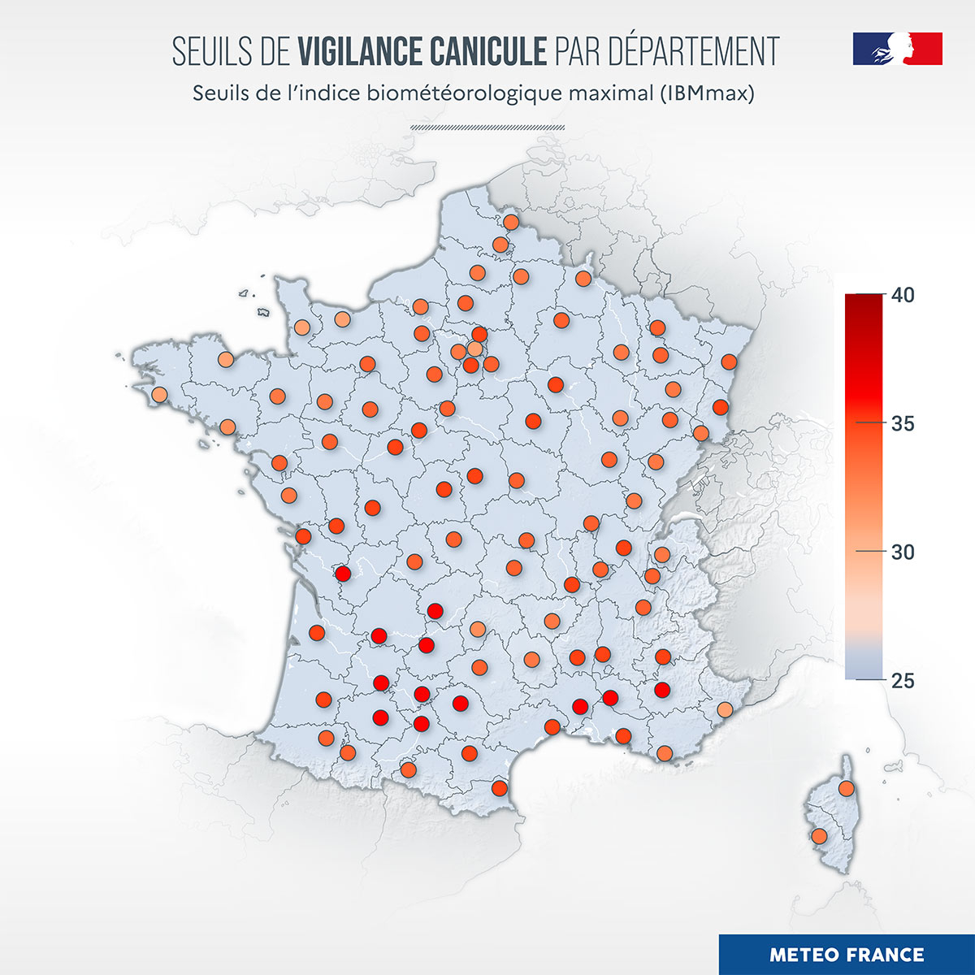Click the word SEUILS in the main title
click(x=206, y=51)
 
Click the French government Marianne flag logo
click(x=897, y=49)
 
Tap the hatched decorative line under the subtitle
click(x=487, y=128)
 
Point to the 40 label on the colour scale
click(x=903, y=295)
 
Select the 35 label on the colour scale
click(x=903, y=424)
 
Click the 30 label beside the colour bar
click(x=903, y=552)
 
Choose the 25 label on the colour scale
click(x=903, y=681)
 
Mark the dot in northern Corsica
click(x=847, y=788)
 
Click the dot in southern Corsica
click(x=819, y=836)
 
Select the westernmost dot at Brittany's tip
click(x=159, y=395)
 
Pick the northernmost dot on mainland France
click(x=510, y=222)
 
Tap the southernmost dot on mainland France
click(x=500, y=788)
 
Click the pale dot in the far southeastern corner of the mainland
click(x=725, y=710)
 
